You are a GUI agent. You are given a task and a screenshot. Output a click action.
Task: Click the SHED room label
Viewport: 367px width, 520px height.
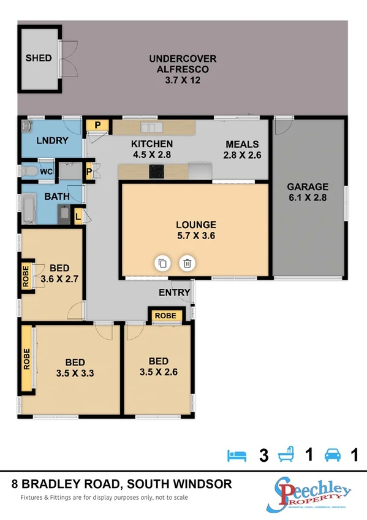tap(38, 58)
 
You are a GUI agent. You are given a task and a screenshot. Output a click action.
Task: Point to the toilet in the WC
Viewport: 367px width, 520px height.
tap(28, 170)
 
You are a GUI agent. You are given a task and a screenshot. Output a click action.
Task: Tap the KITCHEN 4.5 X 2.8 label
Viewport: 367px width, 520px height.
tap(147, 150)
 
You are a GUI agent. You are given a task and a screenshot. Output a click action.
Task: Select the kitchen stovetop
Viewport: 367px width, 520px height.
tap(157, 172)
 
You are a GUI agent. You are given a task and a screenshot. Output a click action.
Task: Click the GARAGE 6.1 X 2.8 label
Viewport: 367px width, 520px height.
tap(308, 193)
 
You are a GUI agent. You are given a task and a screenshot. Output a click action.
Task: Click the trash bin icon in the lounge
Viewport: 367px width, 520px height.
tap(187, 264)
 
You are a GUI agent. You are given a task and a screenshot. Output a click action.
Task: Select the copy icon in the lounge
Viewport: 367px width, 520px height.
tap(162, 264)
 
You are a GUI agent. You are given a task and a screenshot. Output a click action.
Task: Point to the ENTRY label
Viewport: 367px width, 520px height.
tap(174, 292)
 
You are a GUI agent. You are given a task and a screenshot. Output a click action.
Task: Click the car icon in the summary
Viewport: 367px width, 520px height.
tap(333, 455)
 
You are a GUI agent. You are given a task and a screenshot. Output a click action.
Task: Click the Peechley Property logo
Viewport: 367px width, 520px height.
tap(312, 493)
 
